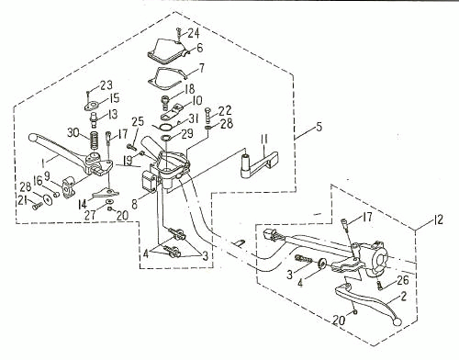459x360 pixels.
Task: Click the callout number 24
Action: pos(193,34)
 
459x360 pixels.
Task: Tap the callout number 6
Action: pos(200,48)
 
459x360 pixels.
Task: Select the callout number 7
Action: pos(201,68)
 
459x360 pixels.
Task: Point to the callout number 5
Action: pos(319,127)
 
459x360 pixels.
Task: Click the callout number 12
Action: pos(438,219)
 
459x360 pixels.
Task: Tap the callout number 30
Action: pos(73,133)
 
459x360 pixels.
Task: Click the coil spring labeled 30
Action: pos(95,140)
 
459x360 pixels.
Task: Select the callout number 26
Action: pos(403,280)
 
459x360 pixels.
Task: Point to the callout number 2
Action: pos(404,296)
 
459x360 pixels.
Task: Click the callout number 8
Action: pos(135,205)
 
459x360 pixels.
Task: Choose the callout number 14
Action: pos(83,204)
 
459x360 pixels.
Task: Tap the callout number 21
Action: pos(24,200)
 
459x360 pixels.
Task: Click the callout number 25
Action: pos(138,121)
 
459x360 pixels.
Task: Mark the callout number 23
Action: pos(106,85)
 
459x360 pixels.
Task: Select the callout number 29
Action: pos(187,133)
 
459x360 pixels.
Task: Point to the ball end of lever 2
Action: pos(397,321)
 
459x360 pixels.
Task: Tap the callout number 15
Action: pos(114,98)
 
